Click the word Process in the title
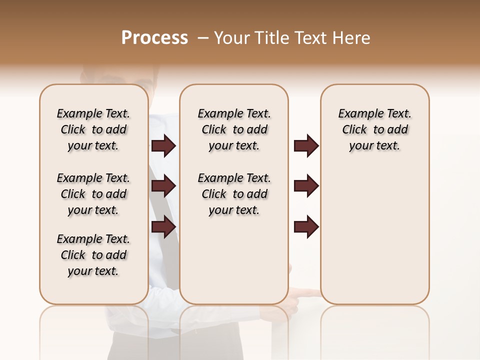pyautogui.click(x=154, y=38)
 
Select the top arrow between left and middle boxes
pyautogui.click(x=163, y=145)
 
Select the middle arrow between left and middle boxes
pyautogui.click(x=163, y=186)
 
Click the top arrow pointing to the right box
pyautogui.click(x=306, y=145)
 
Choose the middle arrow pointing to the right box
pyautogui.click(x=306, y=186)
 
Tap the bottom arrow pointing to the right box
pyautogui.click(x=306, y=226)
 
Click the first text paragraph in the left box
pyautogui.click(x=93, y=129)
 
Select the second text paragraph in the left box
pyautogui.click(x=93, y=194)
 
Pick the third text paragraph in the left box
pyautogui.click(x=93, y=255)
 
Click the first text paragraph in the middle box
pyautogui.click(x=234, y=129)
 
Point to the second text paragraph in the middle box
pyautogui.click(x=234, y=194)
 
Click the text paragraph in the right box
pyautogui.click(x=374, y=129)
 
